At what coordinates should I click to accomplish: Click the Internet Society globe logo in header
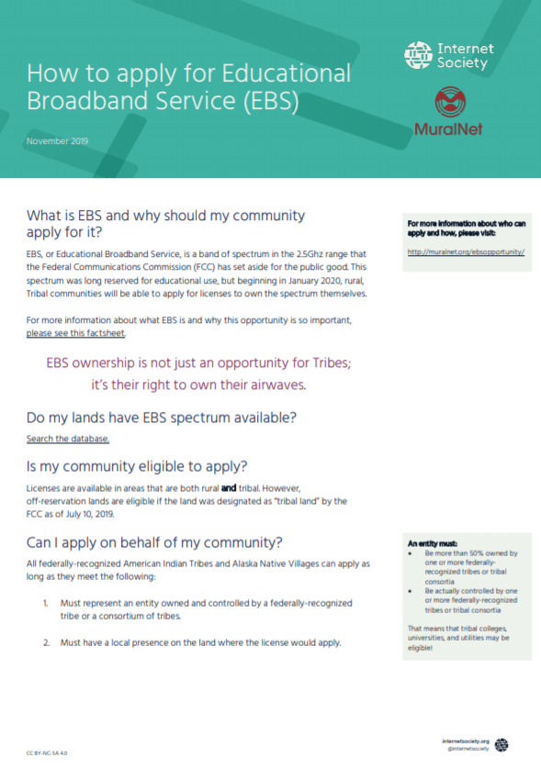coord(418,55)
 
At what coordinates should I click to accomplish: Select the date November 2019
coord(57,142)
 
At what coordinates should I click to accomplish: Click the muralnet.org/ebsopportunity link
coord(465,251)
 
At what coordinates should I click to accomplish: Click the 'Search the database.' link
coord(68,440)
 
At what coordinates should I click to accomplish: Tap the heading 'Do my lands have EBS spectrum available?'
coord(162,418)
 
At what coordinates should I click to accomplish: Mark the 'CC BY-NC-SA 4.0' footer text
coord(48,752)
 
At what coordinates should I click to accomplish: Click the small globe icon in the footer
coord(502,744)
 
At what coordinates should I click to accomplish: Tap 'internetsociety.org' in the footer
coord(466,741)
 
